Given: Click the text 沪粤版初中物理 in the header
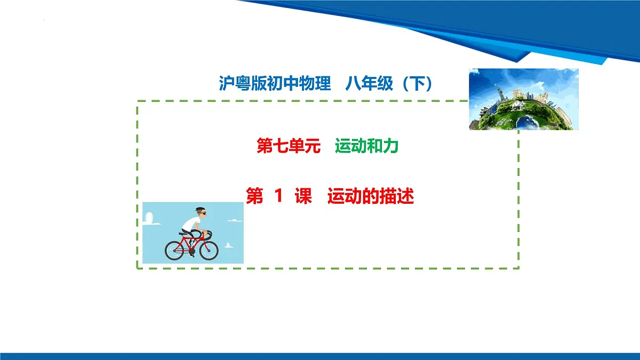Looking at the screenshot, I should [x=275, y=84].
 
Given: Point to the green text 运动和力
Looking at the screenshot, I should [x=367, y=146].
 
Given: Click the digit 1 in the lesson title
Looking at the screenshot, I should [x=278, y=197].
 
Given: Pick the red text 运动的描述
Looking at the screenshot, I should [x=371, y=197].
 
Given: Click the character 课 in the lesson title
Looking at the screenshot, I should [x=303, y=197].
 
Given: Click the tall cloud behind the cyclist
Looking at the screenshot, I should [x=149, y=219].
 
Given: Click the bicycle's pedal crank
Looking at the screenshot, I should [x=191, y=252].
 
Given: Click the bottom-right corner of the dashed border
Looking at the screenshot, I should [x=518, y=268].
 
